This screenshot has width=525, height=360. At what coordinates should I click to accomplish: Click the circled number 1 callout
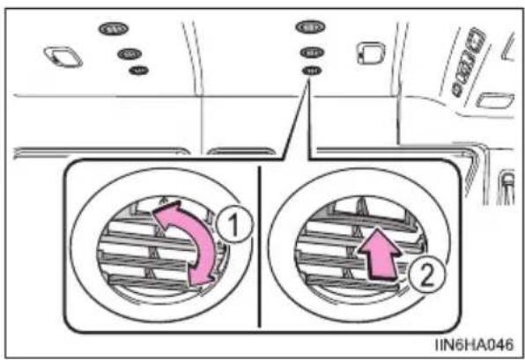click(233, 224)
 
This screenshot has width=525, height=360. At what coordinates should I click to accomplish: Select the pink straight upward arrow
click(380, 253)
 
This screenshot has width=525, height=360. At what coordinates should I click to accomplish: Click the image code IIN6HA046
click(474, 344)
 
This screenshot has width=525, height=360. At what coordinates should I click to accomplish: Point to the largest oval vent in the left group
click(114, 29)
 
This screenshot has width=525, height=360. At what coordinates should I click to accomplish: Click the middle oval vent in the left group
click(129, 54)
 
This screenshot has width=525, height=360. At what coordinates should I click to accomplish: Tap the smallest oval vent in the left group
click(139, 70)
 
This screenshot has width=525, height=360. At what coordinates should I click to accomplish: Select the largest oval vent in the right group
click(310, 26)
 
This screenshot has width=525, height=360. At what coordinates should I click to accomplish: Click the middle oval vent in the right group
click(312, 53)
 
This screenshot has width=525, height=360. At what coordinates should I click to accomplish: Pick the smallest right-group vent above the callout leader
click(312, 70)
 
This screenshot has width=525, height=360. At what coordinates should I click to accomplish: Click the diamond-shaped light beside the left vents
click(63, 56)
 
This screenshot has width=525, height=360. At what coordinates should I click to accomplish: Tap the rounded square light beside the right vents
click(371, 53)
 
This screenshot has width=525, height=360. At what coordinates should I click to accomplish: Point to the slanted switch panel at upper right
click(469, 62)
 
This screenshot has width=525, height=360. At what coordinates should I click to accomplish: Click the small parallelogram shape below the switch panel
click(495, 100)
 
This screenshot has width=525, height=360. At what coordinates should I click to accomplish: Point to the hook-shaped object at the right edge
click(507, 187)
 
